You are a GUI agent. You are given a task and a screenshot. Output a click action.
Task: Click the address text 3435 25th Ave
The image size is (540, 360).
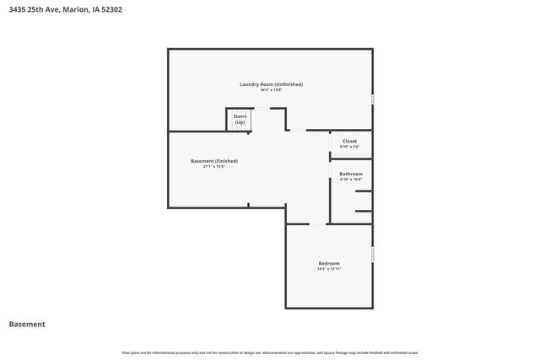point(33,10)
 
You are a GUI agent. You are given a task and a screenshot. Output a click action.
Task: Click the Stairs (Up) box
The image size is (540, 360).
point(240,120)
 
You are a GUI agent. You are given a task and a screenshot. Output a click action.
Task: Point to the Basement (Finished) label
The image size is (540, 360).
point(214,161)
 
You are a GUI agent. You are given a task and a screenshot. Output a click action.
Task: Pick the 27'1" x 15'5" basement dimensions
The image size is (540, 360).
point(214,167)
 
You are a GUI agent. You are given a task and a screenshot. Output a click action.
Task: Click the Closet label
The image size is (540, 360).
point(349,142)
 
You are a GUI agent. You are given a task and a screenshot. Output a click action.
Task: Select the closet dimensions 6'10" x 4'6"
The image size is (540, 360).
point(349,148)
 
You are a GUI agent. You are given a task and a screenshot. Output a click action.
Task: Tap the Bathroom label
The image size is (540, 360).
point(351,175)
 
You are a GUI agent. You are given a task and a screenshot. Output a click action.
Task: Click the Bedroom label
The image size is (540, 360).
point(329,263)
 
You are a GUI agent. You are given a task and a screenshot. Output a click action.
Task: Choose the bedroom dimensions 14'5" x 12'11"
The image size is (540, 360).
point(329,269)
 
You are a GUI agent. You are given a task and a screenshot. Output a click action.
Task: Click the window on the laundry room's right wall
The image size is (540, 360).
point(372,99)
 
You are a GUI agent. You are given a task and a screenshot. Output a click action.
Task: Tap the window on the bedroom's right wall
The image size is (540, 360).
point(372,254)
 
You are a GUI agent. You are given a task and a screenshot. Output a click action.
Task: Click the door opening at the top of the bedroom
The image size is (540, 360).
point(316,223)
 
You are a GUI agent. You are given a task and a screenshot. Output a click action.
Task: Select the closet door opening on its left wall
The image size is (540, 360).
point(330,143)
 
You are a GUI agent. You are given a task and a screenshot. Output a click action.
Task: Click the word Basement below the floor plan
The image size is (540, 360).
point(27,325)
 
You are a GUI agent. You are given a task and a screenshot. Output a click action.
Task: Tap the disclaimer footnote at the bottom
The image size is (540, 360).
point(269,352)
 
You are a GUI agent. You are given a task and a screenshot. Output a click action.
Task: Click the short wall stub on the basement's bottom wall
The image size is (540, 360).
point(248,204)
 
